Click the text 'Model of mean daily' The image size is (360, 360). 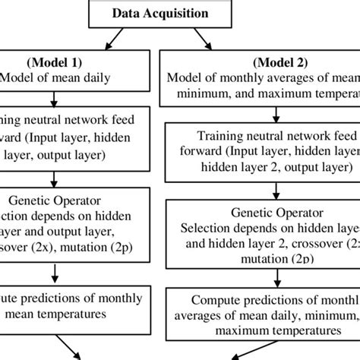coord(54,77)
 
